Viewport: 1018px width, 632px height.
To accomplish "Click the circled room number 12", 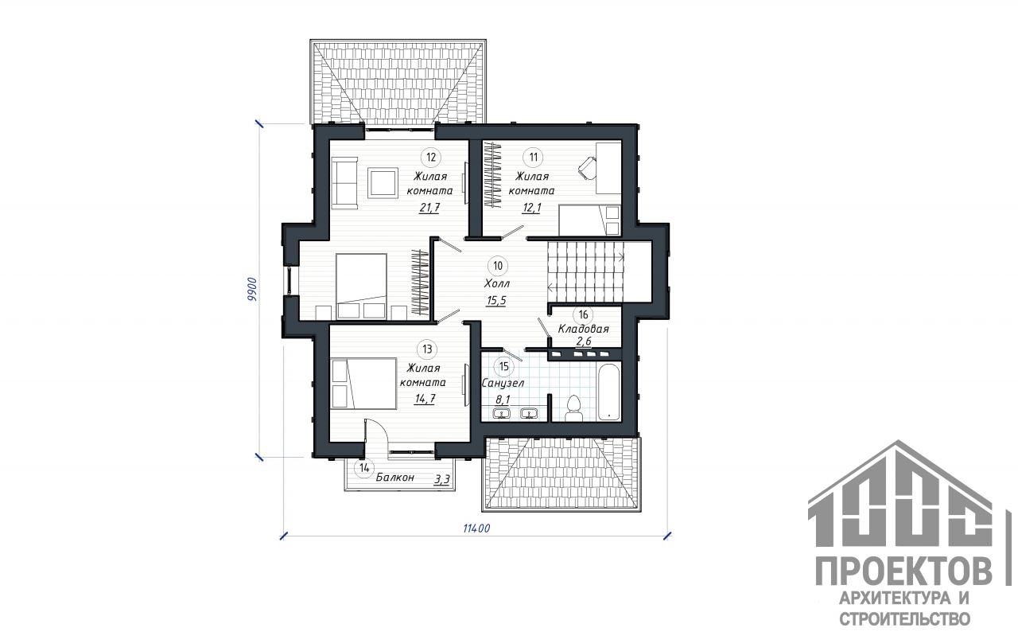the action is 431,158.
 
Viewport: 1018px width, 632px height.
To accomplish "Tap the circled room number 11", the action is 533,158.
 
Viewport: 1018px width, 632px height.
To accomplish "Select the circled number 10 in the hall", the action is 498,266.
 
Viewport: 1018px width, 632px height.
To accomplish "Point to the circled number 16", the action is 583,314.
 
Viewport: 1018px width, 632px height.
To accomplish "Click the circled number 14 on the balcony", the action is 364,468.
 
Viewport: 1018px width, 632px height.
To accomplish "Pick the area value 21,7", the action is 429,209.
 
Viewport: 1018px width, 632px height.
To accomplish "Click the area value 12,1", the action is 532,209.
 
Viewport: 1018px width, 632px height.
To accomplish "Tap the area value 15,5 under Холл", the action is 496,301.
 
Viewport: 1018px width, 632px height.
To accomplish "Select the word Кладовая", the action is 583,328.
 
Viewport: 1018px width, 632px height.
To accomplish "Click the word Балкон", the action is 395,478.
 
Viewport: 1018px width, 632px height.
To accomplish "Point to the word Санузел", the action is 503,384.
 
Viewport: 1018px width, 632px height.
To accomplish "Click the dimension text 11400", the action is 476,529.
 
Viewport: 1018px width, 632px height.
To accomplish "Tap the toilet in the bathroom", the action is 574,408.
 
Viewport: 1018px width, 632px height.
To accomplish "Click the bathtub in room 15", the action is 609,392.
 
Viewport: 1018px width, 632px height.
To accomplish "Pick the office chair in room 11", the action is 587,168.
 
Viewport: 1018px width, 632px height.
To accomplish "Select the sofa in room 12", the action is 344,183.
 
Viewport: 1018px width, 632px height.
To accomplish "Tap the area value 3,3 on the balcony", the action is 442,479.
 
